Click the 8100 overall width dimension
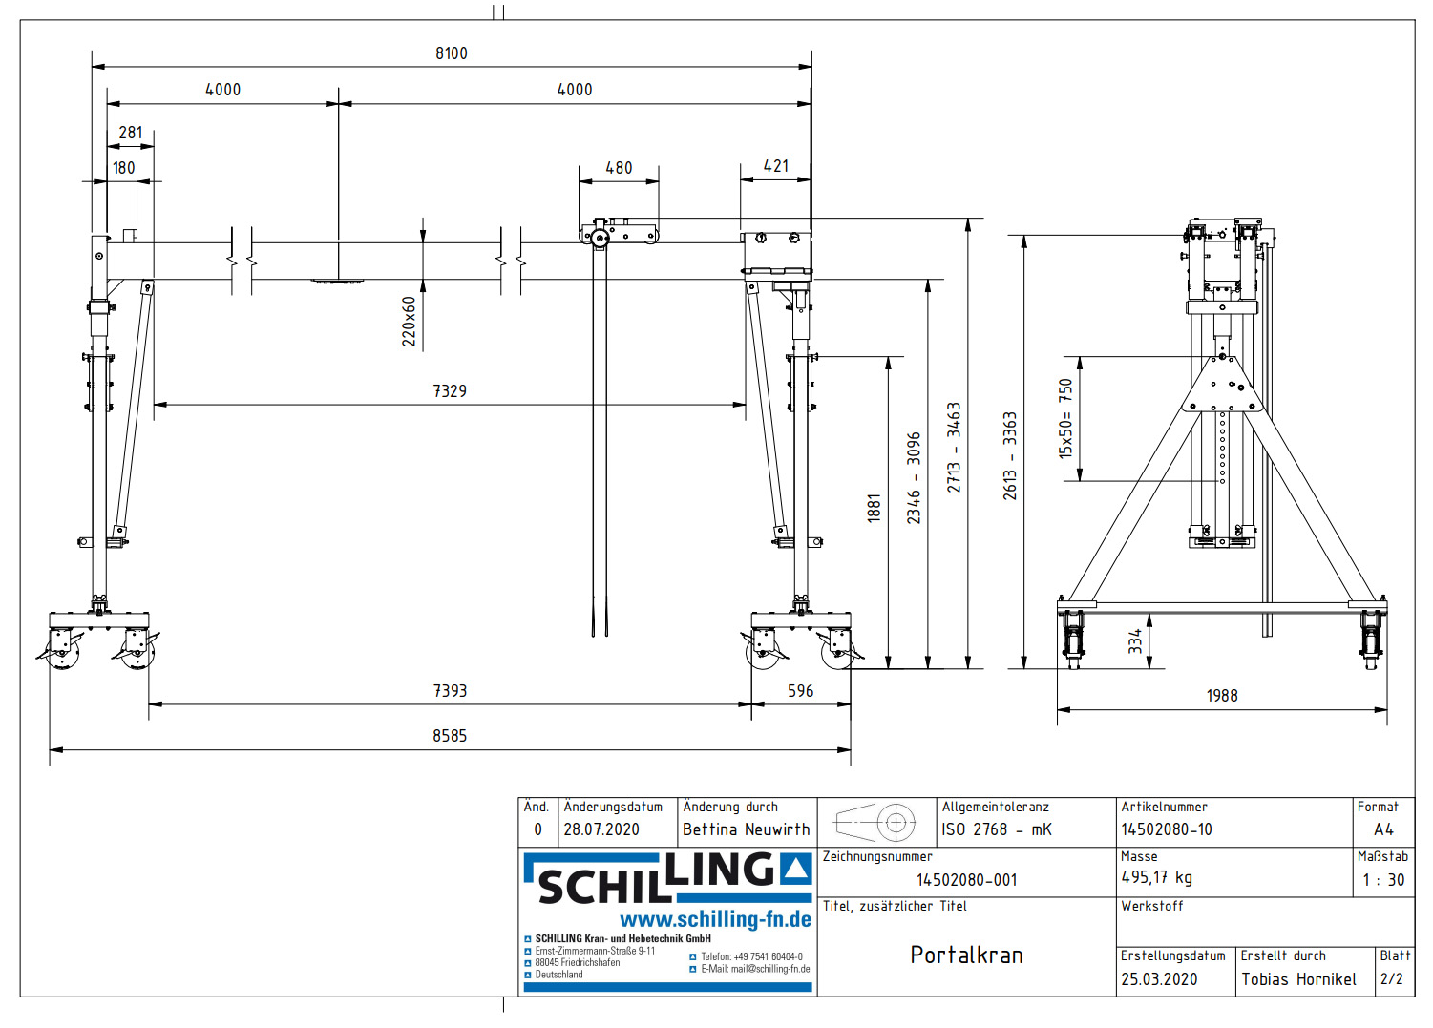[x=452, y=53]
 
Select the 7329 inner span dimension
[x=450, y=391]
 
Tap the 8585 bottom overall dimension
[x=450, y=736]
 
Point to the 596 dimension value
[x=800, y=691]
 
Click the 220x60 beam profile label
[x=409, y=321]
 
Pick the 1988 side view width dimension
[x=1222, y=696]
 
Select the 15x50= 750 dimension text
[x=1065, y=419]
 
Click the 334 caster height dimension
[x=1135, y=640]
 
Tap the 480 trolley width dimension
[x=619, y=168]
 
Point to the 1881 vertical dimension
[x=874, y=508]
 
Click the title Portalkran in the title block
[x=966, y=955]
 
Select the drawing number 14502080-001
[x=966, y=880]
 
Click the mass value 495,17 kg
[x=1156, y=877]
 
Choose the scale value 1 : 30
[x=1383, y=880]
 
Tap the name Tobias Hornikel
[x=1298, y=979]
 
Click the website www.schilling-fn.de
[x=715, y=920]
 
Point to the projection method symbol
[x=875, y=822]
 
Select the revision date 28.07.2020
[x=601, y=829]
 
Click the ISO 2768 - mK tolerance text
[x=997, y=829]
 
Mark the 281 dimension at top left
[x=131, y=134]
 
